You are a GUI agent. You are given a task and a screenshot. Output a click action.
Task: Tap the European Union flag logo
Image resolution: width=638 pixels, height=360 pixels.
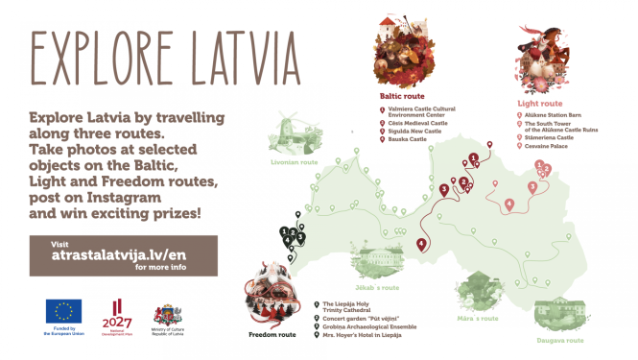tap(64, 311)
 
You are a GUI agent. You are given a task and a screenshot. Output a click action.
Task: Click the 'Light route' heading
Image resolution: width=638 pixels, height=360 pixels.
tap(538, 103)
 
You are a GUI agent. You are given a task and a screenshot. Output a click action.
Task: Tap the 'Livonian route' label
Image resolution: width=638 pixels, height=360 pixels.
tap(295, 162)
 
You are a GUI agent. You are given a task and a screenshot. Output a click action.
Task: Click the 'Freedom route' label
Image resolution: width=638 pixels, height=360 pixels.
tap(272, 336)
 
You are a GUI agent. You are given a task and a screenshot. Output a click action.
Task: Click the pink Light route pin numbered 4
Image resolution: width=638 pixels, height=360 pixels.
tap(509, 203)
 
